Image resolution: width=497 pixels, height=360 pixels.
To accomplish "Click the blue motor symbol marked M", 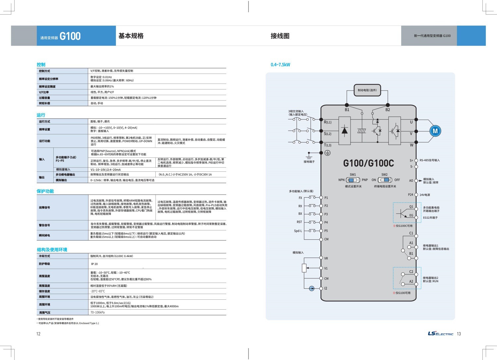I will (435, 131).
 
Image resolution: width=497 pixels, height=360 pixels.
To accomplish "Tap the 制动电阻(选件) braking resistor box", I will (367, 90).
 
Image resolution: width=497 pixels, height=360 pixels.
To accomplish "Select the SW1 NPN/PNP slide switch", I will (353, 180).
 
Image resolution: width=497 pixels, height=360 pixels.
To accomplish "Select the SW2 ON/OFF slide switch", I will (385, 180).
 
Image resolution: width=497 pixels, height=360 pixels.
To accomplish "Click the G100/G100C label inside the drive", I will (368, 163).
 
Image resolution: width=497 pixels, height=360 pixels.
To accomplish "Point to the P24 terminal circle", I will (416, 195).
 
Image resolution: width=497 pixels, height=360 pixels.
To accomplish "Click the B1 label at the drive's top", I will (347, 110).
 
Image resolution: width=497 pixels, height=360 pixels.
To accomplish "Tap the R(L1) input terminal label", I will (327, 122).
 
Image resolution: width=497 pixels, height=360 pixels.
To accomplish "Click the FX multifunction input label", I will (300, 198).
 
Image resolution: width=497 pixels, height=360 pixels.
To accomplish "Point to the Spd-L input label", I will (298, 231).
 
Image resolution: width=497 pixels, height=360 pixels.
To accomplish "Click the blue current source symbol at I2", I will (311, 288).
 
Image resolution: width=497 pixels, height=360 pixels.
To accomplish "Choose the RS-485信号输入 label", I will (429, 160).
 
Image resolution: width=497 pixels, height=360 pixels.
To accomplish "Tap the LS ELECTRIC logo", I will (440, 333).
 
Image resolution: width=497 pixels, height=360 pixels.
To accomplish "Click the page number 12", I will (38, 334).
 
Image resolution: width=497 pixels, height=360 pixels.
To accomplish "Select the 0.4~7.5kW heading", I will (280, 65).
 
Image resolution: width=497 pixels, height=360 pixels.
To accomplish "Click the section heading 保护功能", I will (45, 191).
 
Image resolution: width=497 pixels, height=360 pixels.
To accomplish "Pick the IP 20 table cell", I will (94, 264).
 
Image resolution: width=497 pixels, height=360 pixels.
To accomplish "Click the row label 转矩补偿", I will (44, 103).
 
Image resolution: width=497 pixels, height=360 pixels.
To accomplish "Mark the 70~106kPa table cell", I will (97, 312).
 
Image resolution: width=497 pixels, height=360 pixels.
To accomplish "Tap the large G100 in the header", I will (70, 36).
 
